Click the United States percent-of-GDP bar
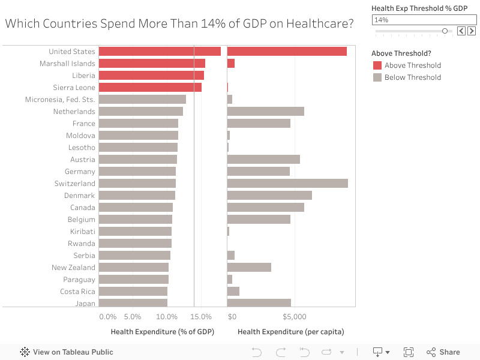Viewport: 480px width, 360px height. coord(160,52)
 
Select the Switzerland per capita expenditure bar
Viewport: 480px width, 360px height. coord(287,184)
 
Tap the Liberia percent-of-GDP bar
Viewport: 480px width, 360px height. coord(151,76)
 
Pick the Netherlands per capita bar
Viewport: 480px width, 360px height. coord(266,112)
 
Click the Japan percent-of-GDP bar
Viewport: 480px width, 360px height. coord(133,304)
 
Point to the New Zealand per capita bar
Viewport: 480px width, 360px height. coord(249,268)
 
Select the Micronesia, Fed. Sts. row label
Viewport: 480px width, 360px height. coord(60,100)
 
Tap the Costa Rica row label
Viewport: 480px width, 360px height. coord(77,292)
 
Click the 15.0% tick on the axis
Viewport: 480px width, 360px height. coord(202,317)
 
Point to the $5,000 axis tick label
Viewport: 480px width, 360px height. coord(295,317)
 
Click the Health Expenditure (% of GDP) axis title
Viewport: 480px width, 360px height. coord(163,332)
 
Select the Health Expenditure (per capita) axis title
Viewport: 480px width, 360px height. coord(291,332)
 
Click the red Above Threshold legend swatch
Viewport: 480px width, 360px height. coord(377,65)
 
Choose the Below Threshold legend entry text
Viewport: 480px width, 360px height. coord(413,77)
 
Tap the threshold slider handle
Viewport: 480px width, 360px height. coord(445,31)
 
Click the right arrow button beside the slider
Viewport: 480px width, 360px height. coord(471,31)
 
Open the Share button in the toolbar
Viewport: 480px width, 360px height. coord(443,352)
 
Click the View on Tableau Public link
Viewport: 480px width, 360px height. coord(67,352)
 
